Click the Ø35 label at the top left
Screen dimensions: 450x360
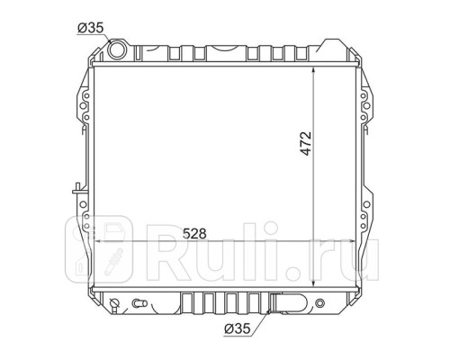click(90, 28)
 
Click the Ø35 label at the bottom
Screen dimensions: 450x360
click(237, 328)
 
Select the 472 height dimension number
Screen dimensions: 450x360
click(306, 143)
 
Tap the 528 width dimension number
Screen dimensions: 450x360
click(194, 233)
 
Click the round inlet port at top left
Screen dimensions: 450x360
click(116, 49)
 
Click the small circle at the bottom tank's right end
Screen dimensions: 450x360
click(320, 302)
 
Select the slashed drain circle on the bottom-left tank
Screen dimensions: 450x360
click(114, 302)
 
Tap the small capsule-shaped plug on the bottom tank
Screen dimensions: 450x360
click(139, 303)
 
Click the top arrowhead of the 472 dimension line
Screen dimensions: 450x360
click(313, 70)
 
